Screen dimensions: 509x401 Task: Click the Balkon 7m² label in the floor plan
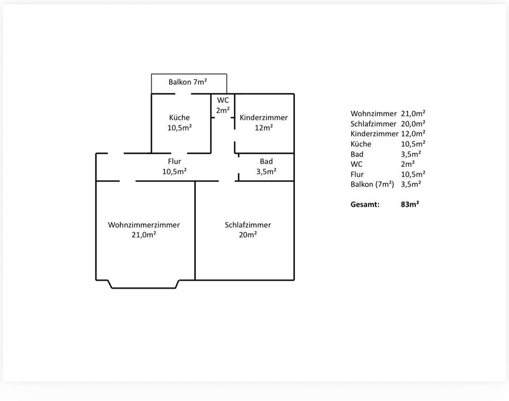188,82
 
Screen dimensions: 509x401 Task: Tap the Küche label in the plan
179,118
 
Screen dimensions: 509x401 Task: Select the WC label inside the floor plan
223,100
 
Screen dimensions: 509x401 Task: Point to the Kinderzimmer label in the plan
264,118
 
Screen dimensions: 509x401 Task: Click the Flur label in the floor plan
174,161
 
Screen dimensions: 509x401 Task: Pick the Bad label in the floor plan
266,161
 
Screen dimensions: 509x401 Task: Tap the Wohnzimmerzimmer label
144,225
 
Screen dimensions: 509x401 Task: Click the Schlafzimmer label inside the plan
248,225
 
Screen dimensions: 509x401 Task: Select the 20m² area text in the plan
248,235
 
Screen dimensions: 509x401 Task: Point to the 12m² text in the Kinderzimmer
264,128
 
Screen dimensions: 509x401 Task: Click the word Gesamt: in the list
365,204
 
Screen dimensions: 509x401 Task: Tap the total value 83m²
410,204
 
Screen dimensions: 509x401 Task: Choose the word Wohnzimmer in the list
373,114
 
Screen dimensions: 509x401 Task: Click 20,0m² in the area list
413,124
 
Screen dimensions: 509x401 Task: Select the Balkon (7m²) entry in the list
372,184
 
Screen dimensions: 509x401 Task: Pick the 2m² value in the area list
408,164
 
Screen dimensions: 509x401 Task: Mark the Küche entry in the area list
361,144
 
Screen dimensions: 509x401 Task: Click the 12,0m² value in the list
413,134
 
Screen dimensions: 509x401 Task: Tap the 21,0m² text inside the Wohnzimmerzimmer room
144,235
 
